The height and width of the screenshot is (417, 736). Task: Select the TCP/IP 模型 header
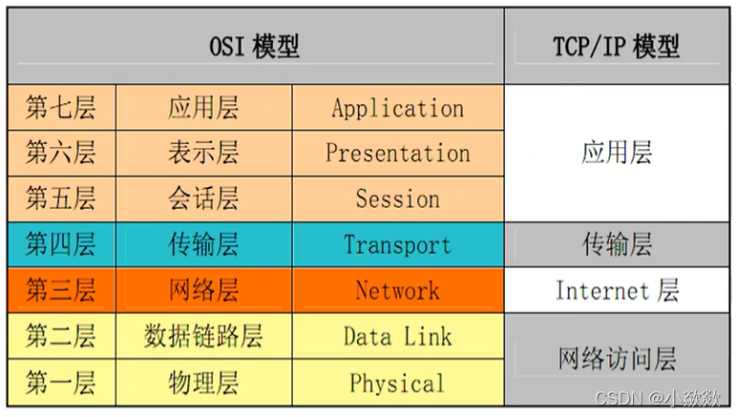616,47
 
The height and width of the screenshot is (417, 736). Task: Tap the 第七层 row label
61,107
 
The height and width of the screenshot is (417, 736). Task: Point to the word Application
397,108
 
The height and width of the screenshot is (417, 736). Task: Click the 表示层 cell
203,153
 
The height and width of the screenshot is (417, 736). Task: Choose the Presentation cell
397,153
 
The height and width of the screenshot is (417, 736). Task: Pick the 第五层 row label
61,198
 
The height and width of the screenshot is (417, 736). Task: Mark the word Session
397,198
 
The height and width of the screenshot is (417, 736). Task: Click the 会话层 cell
203,198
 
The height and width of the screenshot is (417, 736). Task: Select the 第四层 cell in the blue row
61,244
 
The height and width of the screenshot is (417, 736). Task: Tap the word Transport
397,244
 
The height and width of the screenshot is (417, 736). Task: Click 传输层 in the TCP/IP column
616,244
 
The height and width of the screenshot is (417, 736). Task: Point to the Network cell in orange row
397,290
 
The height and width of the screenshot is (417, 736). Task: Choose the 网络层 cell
203,290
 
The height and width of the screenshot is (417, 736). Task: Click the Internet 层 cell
616,290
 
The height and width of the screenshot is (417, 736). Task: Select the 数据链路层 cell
203,336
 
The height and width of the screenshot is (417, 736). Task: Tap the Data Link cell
397,336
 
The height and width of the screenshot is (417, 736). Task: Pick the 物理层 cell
203,383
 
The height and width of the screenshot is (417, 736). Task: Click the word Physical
397,383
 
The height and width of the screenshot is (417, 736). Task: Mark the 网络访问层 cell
616,359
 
